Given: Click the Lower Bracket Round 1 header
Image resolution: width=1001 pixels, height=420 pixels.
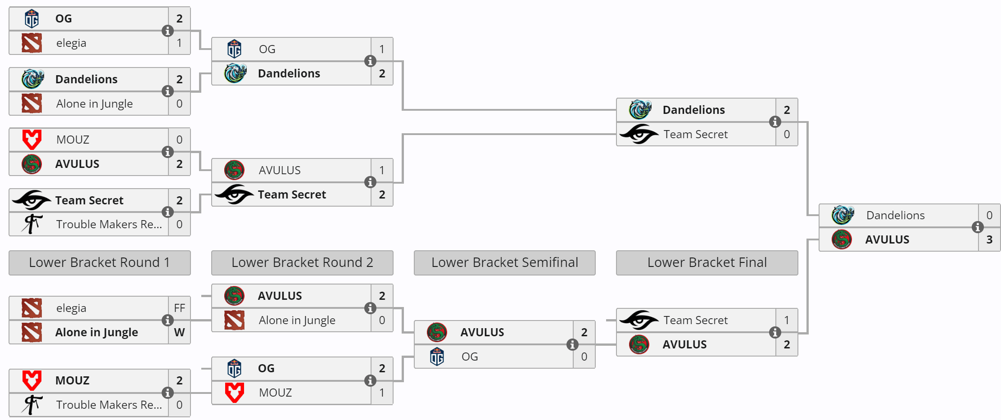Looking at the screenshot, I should (100, 262).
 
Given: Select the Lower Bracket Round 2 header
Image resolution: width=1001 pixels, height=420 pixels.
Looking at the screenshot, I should (302, 262).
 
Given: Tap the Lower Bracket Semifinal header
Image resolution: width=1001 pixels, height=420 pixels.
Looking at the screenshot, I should (504, 262).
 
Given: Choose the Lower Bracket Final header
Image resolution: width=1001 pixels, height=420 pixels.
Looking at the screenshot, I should (707, 262).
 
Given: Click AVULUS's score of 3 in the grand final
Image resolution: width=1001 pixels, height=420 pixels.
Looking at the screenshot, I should (989, 239).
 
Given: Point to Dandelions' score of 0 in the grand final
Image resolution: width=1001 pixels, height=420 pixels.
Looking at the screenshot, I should (989, 215).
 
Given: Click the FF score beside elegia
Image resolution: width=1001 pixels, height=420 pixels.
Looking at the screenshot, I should (179, 308).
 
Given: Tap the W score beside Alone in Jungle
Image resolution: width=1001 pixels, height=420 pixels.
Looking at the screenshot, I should (179, 332).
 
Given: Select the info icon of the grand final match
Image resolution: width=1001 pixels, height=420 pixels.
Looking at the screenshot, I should (978, 227).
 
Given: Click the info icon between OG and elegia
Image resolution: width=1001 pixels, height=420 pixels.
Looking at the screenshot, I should (168, 31).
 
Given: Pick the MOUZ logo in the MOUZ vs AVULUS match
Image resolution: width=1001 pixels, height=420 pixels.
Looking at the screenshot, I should (32, 140).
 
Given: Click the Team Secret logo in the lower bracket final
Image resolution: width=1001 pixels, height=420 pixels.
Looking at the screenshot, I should (639, 320).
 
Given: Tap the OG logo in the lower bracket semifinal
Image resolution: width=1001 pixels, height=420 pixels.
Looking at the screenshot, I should (437, 357).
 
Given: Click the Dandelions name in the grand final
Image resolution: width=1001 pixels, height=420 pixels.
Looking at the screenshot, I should (895, 215).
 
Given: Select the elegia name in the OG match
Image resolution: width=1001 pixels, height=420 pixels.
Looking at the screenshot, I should (71, 43).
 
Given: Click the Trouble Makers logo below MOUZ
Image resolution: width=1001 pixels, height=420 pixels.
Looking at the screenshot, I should (32, 405).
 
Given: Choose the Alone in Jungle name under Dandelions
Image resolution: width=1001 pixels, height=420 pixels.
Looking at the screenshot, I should (95, 104).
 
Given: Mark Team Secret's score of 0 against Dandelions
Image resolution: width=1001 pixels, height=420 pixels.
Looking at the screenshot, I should (787, 134).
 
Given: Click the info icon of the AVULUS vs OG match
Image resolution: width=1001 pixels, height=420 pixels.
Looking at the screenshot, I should (572, 344).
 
